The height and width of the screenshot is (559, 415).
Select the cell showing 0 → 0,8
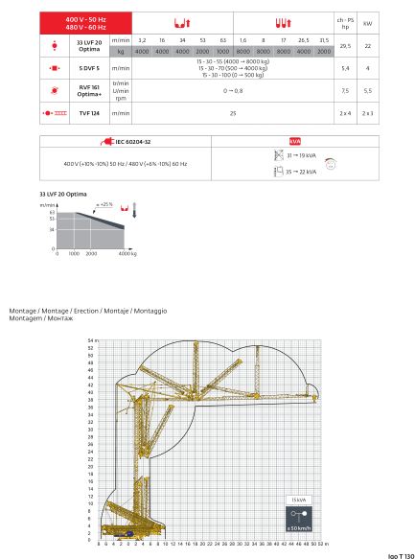(x=233, y=91)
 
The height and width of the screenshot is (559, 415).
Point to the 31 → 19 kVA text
(x=303, y=154)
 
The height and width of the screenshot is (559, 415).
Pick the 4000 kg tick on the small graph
(x=126, y=255)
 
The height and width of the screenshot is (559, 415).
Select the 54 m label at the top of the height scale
(x=93, y=340)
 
